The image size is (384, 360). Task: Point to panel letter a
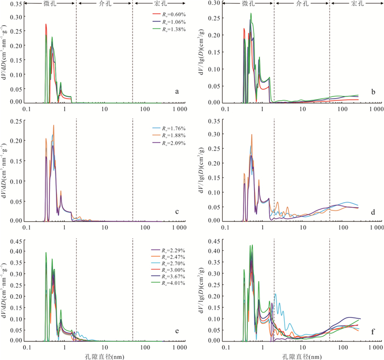click(177, 92)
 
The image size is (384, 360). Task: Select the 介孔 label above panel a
click(104, 3)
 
